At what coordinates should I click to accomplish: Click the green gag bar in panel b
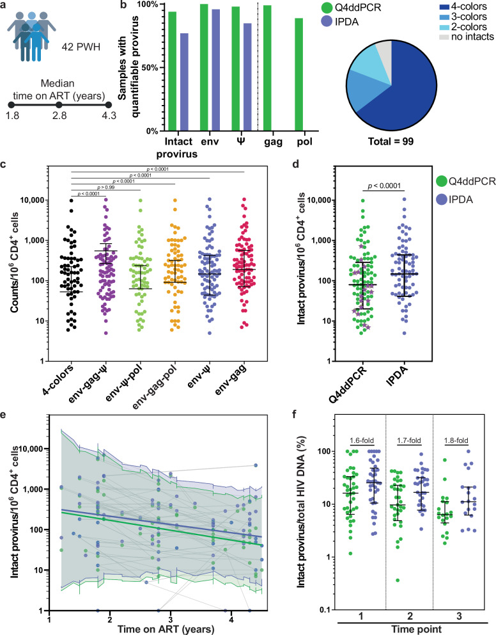(x=267, y=68)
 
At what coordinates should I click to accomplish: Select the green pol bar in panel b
(x=298, y=74)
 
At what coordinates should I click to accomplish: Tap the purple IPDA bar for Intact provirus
(x=184, y=82)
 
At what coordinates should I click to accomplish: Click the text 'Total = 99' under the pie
(x=391, y=141)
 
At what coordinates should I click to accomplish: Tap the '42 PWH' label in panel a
(x=81, y=47)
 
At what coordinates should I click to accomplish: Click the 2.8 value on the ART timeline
(x=59, y=115)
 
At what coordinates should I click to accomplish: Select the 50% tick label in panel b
(x=150, y=68)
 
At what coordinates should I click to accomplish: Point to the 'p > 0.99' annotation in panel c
(x=106, y=188)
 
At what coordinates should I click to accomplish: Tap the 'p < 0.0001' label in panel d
(x=384, y=186)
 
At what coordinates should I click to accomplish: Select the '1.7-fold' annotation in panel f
(x=409, y=440)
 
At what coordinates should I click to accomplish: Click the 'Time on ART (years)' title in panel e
(x=166, y=629)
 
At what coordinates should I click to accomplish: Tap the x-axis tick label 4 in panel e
(x=231, y=620)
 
